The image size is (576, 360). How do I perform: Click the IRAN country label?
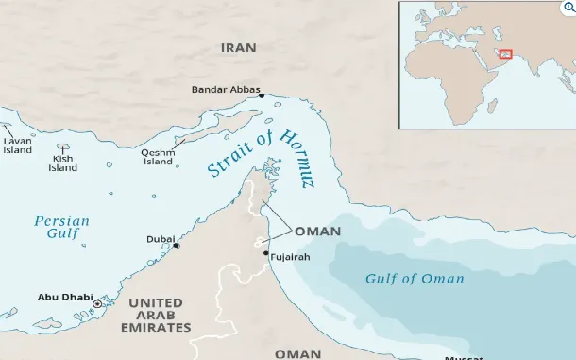(239, 47)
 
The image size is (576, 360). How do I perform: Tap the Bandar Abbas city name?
(224, 90)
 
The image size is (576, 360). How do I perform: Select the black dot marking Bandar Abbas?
(262, 95)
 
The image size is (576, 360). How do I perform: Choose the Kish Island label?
(63, 163)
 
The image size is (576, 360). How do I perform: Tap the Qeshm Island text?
(158, 157)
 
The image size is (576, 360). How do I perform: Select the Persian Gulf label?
(61, 227)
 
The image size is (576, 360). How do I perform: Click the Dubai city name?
(160, 240)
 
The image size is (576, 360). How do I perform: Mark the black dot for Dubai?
(177, 246)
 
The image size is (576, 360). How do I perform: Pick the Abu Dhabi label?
(64, 297)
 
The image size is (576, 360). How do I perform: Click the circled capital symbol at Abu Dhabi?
(97, 303)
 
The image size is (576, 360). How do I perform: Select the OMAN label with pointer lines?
(318, 231)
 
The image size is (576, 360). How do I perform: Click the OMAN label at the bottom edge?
(297, 352)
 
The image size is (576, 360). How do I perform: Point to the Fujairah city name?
(290, 257)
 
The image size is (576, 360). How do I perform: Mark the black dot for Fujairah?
(266, 253)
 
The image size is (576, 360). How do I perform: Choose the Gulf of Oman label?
(415, 278)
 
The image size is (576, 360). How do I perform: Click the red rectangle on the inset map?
(505, 55)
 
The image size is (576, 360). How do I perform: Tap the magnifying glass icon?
(568, 8)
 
